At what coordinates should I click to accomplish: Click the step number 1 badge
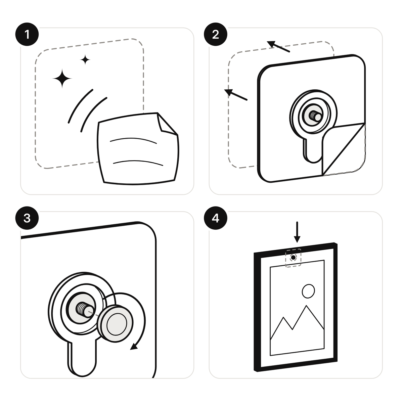click(x=27, y=34)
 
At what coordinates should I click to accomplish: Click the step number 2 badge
click(x=216, y=34)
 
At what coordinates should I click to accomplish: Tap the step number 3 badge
click(x=27, y=218)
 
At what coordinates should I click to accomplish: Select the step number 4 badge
click(x=216, y=218)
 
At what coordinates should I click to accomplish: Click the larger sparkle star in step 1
click(x=62, y=79)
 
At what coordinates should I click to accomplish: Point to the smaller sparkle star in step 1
click(x=85, y=60)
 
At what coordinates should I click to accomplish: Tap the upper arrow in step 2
click(x=278, y=46)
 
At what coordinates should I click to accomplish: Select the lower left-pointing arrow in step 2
click(x=236, y=95)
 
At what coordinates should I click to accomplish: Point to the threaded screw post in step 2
click(x=315, y=116)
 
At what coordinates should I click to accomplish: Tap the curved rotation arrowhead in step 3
click(x=134, y=347)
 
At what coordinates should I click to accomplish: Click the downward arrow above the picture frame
click(x=297, y=232)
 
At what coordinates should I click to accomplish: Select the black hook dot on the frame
click(x=294, y=258)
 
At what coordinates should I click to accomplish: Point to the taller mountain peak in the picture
click(x=306, y=306)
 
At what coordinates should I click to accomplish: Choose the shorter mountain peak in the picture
click(x=283, y=318)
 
